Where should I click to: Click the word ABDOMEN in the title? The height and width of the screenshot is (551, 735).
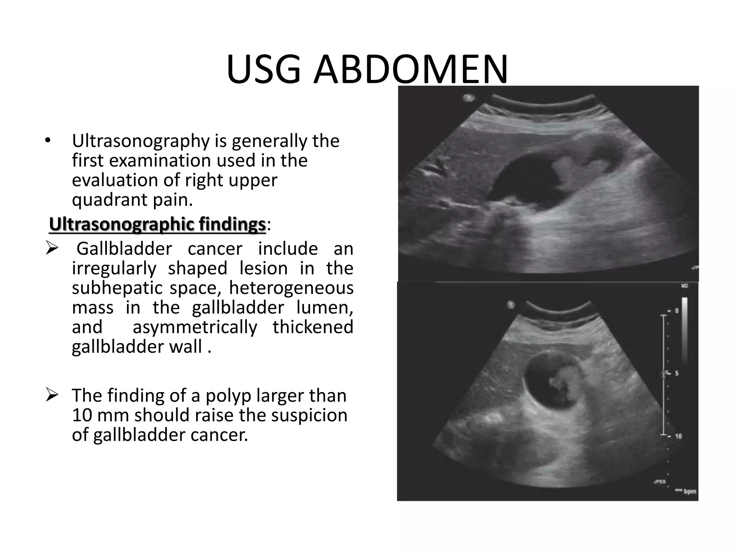411,70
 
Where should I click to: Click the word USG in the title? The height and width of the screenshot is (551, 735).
263,70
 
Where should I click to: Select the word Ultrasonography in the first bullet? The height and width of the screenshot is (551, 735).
141,141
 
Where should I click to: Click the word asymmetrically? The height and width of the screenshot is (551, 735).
195,327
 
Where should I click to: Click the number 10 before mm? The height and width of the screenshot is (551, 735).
81,415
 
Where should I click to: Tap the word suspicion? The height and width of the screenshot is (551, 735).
309,415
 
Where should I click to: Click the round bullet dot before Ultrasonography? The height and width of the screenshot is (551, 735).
48,141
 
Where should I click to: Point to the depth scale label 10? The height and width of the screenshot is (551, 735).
678,437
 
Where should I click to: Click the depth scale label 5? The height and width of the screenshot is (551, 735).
677,373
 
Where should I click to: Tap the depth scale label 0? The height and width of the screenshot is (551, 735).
677,311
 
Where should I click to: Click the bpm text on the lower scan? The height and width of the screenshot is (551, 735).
690,491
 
